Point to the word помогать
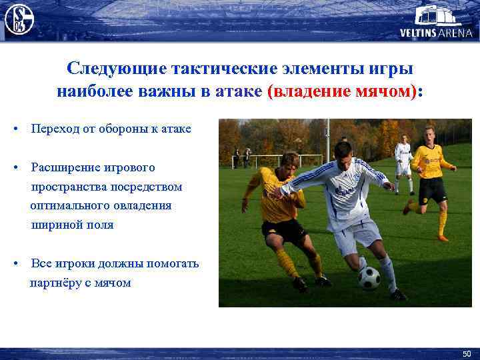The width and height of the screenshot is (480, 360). point(169,263)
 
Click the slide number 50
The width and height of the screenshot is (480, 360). point(466,353)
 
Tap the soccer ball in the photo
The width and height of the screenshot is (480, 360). point(369,277)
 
